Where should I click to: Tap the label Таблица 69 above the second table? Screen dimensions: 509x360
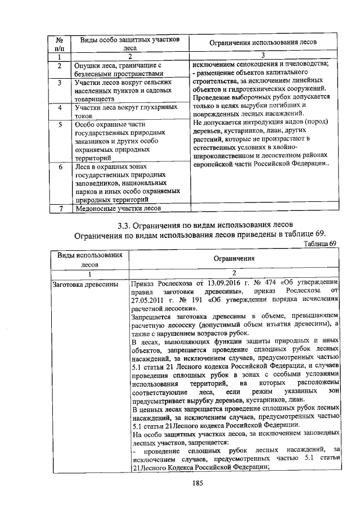(x=319, y=244)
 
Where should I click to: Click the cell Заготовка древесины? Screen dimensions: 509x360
(x=84, y=283)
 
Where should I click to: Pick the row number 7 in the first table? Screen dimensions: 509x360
(x=60, y=209)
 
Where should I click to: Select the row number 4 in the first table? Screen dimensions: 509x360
(x=60, y=107)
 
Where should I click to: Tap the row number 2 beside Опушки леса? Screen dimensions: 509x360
(x=60, y=66)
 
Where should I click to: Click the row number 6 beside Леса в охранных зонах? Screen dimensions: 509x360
(x=60, y=167)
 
